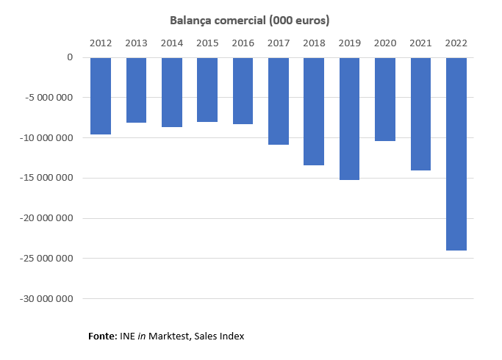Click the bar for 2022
[x=456, y=154]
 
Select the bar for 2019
[x=349, y=118]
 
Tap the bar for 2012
[x=101, y=96]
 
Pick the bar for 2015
[x=207, y=90]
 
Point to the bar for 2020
[x=385, y=99]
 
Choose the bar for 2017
[x=279, y=101]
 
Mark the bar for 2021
[x=420, y=114]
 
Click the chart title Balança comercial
[x=250, y=21]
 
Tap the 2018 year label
[x=314, y=43]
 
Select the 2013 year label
[x=136, y=43]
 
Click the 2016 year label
[x=243, y=43]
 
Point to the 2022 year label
[x=456, y=43]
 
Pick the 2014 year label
[x=171, y=43]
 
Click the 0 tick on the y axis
[x=70, y=57]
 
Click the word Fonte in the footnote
[x=102, y=336]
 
